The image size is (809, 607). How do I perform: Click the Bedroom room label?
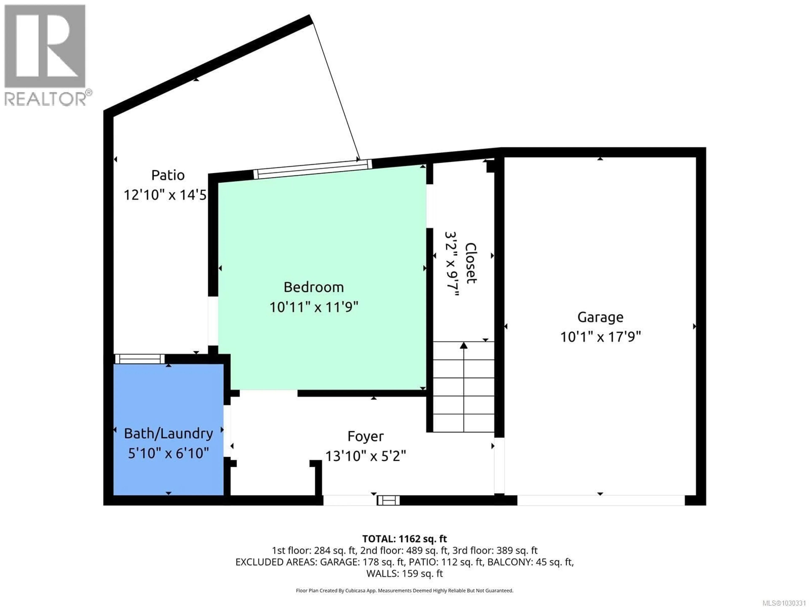coord(313,287)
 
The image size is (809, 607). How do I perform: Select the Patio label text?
coord(168,175)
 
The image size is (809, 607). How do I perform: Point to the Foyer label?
coord(365,436)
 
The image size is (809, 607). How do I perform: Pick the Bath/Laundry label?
coord(168,434)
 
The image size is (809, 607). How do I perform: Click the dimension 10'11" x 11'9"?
coord(313,307)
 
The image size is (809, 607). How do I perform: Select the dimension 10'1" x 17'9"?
coord(600,337)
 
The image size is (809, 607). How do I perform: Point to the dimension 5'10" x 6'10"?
coord(168,453)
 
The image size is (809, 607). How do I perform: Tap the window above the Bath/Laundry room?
coord(140,359)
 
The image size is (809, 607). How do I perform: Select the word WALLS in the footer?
coord(382,573)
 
